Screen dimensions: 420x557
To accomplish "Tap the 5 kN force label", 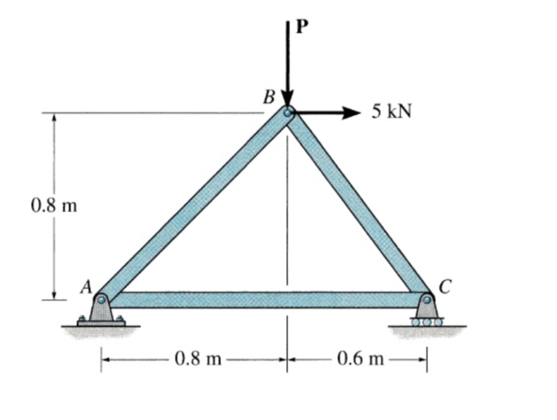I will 392,112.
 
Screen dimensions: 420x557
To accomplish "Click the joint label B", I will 269,97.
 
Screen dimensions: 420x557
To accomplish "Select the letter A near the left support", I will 86,287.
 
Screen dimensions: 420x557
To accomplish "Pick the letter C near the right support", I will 445,286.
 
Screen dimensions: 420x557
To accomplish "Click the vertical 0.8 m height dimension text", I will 54,206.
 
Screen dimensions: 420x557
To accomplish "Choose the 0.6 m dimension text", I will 360,359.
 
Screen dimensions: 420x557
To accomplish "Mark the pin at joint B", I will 287,112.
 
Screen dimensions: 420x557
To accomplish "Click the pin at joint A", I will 101,299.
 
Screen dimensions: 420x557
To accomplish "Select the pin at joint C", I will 428,299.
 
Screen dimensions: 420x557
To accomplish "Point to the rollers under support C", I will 427,323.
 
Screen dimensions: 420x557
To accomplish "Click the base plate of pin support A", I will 101,323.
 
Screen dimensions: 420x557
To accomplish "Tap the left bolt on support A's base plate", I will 82,318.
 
